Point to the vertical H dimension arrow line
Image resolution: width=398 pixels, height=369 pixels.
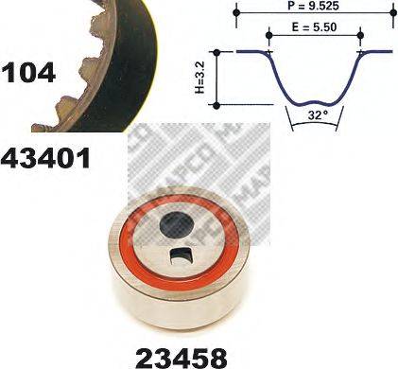coord(220,78)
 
